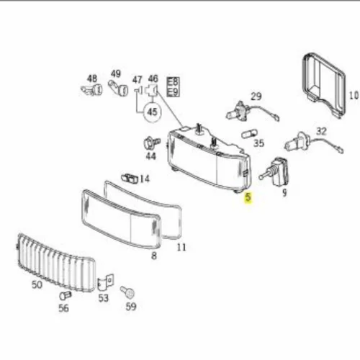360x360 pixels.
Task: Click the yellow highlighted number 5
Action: pos(248,197)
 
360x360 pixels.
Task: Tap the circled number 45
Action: pos(152,112)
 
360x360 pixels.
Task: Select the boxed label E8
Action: pos(173,82)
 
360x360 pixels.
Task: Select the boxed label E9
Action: pos(173,92)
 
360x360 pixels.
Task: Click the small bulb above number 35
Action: pos(250,134)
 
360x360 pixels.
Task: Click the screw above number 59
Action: pos(127,292)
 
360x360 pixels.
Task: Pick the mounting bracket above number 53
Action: pos(105,283)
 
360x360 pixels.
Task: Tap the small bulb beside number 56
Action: pos(66,295)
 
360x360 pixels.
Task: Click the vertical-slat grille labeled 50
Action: pos(57,262)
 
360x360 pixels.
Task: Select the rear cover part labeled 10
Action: pos(324,86)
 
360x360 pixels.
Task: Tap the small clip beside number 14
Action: pos(129,179)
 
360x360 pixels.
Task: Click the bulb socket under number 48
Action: pos(91,90)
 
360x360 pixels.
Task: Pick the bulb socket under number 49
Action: pos(118,88)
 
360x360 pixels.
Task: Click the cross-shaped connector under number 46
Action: pos(151,90)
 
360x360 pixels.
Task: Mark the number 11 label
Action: pos(181,247)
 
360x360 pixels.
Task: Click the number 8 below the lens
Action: pos(154,256)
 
